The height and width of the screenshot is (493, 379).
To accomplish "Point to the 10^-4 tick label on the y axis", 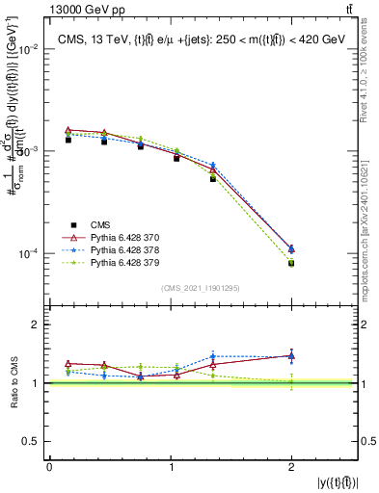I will pyautogui.click(x=29, y=254).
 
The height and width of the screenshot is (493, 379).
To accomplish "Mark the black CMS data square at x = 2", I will pyautogui.click(x=291, y=263).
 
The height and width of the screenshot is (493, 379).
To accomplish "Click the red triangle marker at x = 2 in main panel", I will pyautogui.click(x=291, y=248).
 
